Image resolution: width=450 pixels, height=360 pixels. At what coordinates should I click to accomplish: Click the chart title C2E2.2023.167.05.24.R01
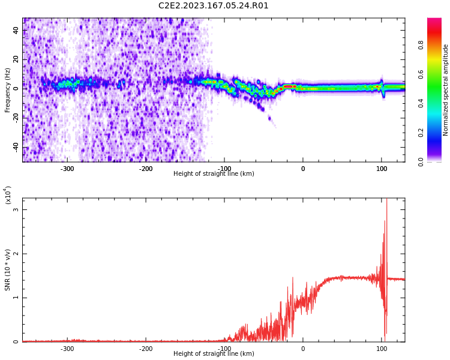click(x=213, y=5)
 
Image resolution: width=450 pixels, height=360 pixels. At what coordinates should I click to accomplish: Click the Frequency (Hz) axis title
click(x=7, y=90)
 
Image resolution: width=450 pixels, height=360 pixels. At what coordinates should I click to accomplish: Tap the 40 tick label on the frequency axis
click(x=16, y=30)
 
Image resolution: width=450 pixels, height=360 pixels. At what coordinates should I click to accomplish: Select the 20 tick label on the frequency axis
click(x=16, y=59)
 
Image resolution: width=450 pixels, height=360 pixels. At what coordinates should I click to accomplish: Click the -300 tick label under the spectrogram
click(x=67, y=169)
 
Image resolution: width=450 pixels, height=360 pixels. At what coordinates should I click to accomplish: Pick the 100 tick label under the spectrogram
click(x=382, y=169)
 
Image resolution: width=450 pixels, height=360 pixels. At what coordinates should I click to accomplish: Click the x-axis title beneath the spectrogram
click(x=214, y=173)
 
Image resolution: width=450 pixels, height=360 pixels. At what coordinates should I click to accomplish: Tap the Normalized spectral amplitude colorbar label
click(x=445, y=90)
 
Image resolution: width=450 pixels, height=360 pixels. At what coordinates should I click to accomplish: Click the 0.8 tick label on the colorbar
click(x=421, y=45)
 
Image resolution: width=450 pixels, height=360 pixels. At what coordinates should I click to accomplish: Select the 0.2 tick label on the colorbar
click(x=421, y=133)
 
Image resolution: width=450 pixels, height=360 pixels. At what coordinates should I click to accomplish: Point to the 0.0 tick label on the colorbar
click(x=421, y=162)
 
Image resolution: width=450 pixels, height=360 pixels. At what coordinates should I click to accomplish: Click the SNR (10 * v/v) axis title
click(x=7, y=270)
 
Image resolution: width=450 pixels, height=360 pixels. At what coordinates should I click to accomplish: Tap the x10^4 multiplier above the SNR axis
click(x=8, y=195)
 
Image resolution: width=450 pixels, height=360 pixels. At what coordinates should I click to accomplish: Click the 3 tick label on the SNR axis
click(x=16, y=209)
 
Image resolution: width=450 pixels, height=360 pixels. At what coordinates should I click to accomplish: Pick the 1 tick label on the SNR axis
click(x=16, y=298)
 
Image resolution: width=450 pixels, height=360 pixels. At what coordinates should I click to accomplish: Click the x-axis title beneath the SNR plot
click(x=214, y=353)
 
